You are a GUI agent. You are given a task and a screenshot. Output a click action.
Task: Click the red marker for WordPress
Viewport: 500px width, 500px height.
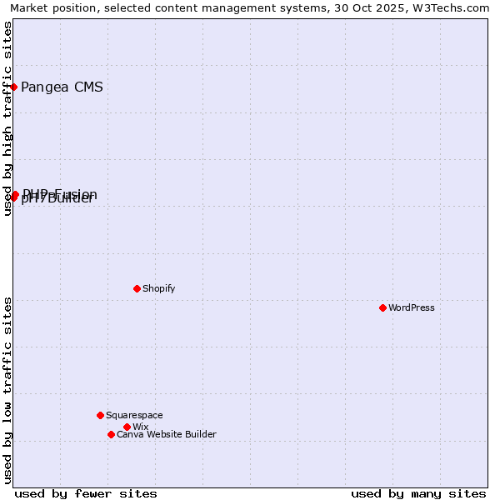[382, 307]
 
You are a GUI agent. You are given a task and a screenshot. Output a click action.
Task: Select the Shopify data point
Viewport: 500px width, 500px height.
[137, 288]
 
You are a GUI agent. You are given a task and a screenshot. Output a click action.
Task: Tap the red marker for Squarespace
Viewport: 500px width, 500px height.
[100, 415]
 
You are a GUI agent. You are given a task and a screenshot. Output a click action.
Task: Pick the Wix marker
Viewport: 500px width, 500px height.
[127, 427]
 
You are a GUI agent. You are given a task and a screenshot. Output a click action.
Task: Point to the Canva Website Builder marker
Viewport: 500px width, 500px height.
[111, 434]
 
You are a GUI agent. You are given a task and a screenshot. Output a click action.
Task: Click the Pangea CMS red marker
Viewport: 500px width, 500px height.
[13, 87]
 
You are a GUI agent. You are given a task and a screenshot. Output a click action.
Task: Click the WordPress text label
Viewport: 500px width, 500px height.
[412, 307]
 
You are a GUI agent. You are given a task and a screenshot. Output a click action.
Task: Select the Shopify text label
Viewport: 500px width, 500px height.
[158, 288]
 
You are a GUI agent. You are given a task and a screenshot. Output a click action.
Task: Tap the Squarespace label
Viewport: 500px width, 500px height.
[134, 415]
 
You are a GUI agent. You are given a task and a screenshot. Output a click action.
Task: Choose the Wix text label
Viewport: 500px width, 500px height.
[140, 427]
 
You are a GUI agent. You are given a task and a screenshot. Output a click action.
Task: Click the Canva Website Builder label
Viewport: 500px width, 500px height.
[166, 434]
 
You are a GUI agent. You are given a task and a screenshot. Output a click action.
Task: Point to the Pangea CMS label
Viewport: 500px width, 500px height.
[62, 87]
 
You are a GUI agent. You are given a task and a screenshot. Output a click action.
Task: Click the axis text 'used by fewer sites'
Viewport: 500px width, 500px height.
[86, 493]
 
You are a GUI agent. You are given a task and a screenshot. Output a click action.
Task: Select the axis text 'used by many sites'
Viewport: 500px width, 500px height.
[418, 493]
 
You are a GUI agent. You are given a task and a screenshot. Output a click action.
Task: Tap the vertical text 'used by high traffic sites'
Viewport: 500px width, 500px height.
[7, 118]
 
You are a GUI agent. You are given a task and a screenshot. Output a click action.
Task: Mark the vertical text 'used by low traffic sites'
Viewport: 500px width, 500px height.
[7, 390]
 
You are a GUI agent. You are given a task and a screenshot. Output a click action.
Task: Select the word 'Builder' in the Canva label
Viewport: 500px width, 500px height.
[199, 434]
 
